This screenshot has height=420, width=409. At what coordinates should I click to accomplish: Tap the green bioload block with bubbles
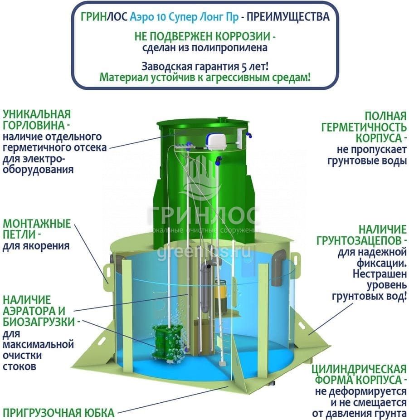(x=166, y=342)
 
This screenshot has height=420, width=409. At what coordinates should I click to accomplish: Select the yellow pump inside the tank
(x=221, y=289)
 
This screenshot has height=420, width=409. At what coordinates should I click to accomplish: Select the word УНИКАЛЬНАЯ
(x=36, y=114)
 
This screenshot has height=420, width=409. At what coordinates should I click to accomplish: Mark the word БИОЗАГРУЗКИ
(x=37, y=322)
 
